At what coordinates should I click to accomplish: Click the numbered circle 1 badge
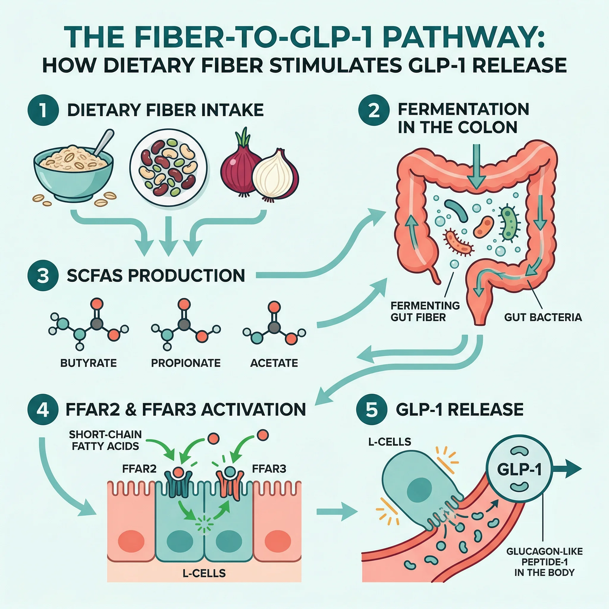pyautogui.click(x=43, y=110)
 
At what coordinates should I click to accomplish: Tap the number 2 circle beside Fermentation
pyautogui.click(x=374, y=110)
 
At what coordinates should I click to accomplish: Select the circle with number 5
pyautogui.click(x=372, y=410)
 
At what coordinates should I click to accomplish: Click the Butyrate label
pyautogui.click(x=89, y=363)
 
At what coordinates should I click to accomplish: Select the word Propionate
pyautogui.click(x=186, y=363)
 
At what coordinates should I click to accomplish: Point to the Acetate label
pyautogui.click(x=274, y=363)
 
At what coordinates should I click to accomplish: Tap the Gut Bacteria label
pyautogui.click(x=543, y=317)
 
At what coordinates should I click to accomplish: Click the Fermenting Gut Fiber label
pyautogui.click(x=425, y=311)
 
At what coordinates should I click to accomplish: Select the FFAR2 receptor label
pyautogui.click(x=139, y=469)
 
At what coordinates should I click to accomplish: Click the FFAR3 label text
pyautogui.click(x=269, y=469)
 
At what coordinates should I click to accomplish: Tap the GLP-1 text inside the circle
pyautogui.click(x=519, y=470)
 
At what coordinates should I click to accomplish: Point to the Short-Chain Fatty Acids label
pyautogui.click(x=105, y=440)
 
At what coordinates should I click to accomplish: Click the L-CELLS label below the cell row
pyautogui.click(x=204, y=573)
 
